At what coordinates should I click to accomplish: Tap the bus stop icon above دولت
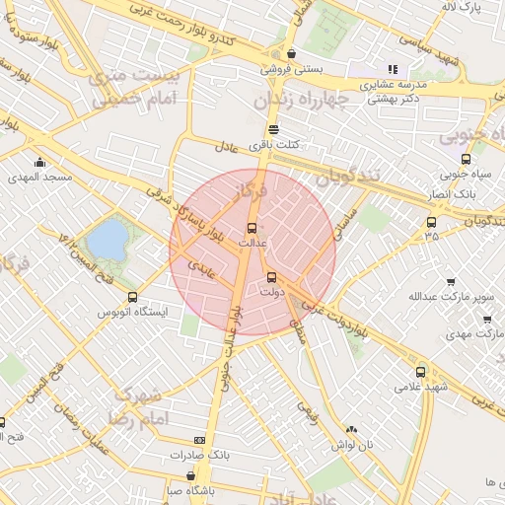pos(272,277)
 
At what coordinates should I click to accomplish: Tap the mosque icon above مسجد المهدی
pos(39,163)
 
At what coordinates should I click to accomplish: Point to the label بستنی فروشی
pos(291,69)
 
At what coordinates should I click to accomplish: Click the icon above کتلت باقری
pos(273,129)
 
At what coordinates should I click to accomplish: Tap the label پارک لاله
pos(463,8)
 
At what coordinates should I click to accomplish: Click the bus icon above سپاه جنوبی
pos(466,158)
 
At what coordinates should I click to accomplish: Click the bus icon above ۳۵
pos(431,222)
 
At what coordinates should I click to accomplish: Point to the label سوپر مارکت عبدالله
pos(437,295)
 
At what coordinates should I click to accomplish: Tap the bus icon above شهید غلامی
pos(421,372)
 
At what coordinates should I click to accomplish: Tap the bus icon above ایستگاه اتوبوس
pos(133,297)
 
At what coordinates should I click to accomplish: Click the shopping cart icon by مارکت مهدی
pos(487,319)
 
